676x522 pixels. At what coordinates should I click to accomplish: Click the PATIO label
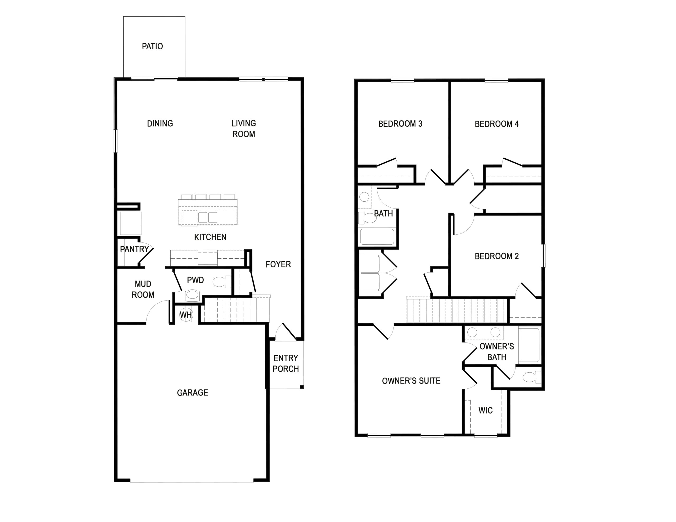click(x=152, y=46)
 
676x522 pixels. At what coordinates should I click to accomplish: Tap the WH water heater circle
click(x=186, y=315)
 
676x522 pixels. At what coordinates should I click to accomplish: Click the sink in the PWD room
click(x=193, y=296)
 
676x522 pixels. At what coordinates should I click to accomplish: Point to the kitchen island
click(x=208, y=212)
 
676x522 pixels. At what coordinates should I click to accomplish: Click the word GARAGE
click(x=193, y=393)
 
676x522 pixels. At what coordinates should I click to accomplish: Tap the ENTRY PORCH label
click(x=286, y=363)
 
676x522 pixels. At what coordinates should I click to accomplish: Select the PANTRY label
click(x=134, y=249)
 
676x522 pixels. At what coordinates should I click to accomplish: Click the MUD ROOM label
click(x=143, y=289)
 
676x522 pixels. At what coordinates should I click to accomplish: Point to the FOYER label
click(x=278, y=264)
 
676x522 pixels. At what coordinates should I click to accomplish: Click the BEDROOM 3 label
click(x=400, y=124)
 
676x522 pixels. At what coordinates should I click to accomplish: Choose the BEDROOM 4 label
click(x=496, y=124)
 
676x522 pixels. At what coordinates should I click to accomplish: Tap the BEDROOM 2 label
click(x=496, y=256)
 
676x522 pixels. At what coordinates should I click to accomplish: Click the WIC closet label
click(x=485, y=410)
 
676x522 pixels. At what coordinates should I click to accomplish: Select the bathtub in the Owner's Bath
click(x=529, y=345)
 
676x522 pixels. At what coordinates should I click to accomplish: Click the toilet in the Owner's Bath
click(x=532, y=377)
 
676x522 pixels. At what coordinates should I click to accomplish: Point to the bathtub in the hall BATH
click(x=377, y=237)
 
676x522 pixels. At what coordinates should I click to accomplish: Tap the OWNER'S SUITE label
click(x=411, y=381)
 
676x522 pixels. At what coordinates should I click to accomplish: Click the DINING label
click(x=160, y=124)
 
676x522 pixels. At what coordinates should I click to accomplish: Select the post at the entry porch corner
click(x=302, y=387)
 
